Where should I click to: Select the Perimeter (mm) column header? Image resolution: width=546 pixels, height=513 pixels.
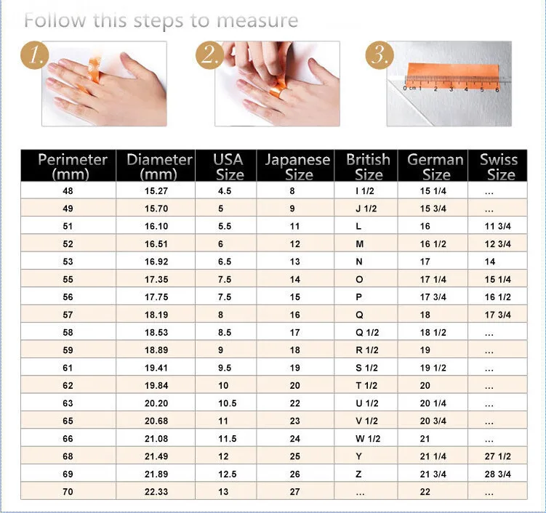click(x=72, y=166)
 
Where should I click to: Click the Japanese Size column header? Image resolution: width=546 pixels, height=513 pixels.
click(x=297, y=166)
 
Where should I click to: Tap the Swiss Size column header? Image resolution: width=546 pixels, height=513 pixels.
click(x=499, y=166)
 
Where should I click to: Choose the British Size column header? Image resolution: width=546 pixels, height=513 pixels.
click(x=368, y=166)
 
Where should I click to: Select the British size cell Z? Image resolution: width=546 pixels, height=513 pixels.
click(x=358, y=474)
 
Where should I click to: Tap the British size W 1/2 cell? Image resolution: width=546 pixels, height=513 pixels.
click(x=367, y=439)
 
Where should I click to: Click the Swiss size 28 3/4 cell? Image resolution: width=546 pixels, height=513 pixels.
click(x=498, y=474)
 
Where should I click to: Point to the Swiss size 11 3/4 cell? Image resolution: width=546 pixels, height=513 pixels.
click(x=498, y=227)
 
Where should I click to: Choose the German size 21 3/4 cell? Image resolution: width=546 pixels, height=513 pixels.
click(x=433, y=474)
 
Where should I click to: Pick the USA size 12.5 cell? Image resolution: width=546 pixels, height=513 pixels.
click(x=227, y=474)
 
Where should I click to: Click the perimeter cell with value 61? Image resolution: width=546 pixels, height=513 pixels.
click(x=68, y=368)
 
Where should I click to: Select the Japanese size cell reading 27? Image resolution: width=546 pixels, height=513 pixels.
click(x=294, y=492)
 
